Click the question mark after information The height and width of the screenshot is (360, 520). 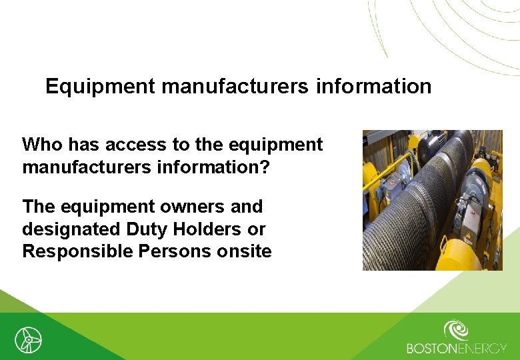pyautogui.click(x=265, y=167)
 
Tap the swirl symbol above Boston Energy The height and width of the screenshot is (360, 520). pyautogui.click(x=457, y=331)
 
